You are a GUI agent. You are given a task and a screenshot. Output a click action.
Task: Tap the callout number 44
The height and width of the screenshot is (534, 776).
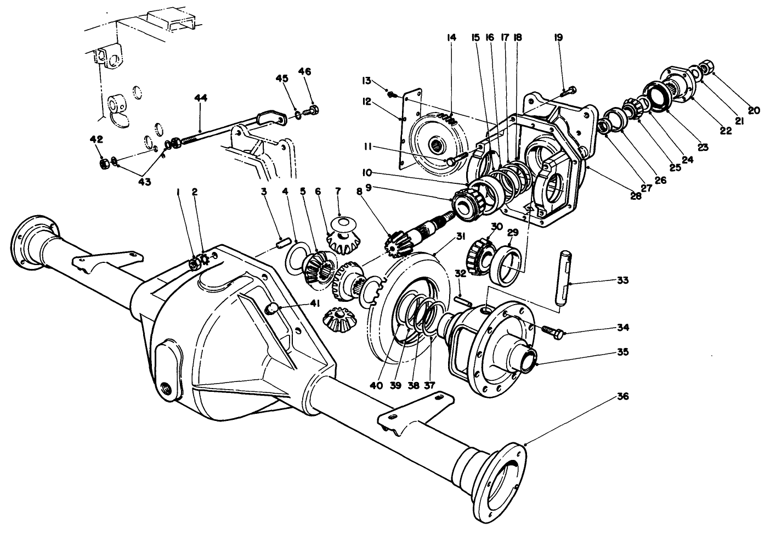pos(201,98)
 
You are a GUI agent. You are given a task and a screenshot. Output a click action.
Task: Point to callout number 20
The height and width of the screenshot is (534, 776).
pos(754,110)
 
